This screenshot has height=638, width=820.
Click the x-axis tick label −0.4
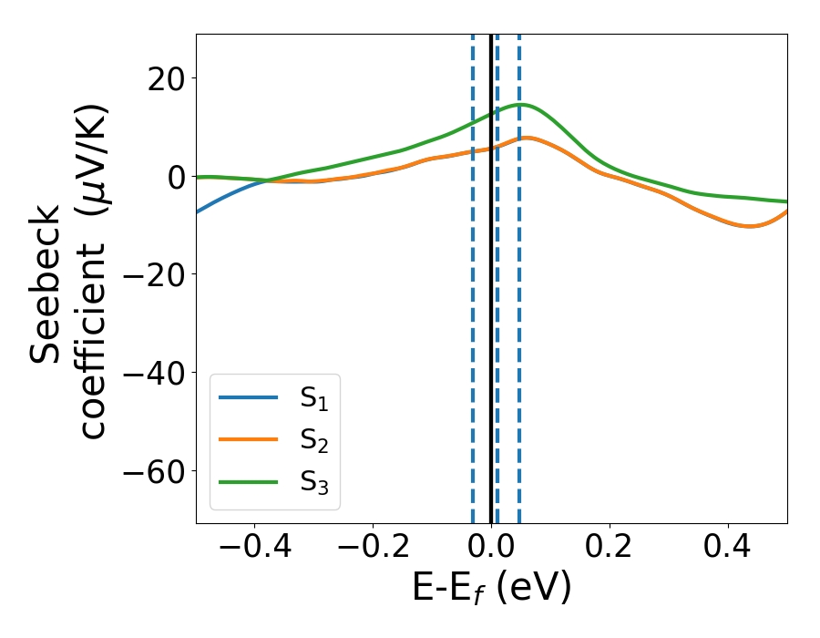click(x=254, y=550)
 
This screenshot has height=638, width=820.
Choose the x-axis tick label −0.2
click(x=373, y=550)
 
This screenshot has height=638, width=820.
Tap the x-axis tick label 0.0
click(x=491, y=550)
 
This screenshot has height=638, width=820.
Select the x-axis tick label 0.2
click(x=610, y=550)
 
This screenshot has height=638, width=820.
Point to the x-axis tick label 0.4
click(x=728, y=550)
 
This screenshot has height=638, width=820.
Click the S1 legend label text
click(x=313, y=399)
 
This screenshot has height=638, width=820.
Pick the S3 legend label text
click(x=313, y=482)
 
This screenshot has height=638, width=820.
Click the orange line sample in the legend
click(x=249, y=440)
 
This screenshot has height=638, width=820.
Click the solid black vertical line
click(x=491, y=319)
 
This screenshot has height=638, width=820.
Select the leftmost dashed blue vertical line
click(x=473, y=319)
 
